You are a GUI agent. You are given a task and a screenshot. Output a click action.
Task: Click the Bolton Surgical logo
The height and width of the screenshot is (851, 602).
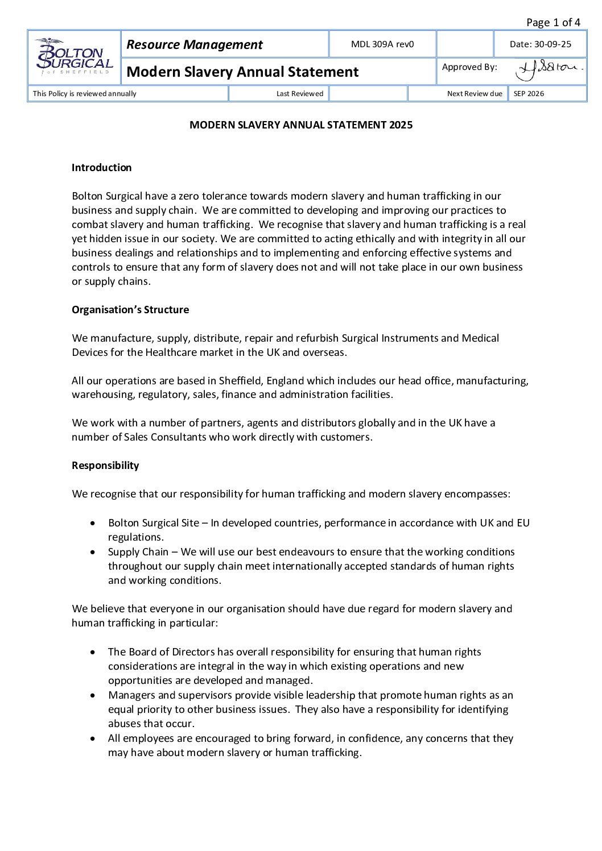coord(74,57)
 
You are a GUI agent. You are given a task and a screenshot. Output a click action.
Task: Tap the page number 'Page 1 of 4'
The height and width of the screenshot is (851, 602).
coord(553,23)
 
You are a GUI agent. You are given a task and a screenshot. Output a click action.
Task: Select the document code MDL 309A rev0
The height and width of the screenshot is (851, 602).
coord(382,44)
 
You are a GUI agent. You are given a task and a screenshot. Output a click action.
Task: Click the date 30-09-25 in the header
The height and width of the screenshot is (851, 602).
coord(541,44)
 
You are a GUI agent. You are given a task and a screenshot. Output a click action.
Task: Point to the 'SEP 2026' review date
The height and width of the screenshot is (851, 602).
coord(529,94)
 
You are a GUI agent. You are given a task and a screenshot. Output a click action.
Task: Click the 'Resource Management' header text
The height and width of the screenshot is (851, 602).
coord(195,44)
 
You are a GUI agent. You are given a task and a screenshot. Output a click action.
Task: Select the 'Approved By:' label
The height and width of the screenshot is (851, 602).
coord(469,67)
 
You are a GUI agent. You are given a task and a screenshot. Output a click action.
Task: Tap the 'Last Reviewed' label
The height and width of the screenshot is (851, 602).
coord(299,94)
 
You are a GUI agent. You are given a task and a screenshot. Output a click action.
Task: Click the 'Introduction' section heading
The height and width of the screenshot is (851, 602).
coord(101,168)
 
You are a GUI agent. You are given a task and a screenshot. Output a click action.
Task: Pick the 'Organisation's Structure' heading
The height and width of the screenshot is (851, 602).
coord(130,310)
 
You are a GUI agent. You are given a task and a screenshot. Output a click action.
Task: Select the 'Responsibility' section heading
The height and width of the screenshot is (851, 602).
coord(105,466)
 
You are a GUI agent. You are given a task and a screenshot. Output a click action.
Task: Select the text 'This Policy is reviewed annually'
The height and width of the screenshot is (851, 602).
coord(85,94)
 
